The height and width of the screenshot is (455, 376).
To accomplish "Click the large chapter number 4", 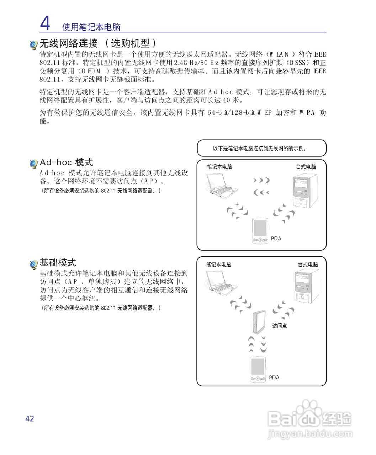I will (45, 23).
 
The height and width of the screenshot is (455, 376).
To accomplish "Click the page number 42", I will (30, 418).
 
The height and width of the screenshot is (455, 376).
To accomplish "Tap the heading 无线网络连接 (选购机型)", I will (98, 43).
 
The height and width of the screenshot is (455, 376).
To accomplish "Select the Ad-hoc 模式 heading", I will (66, 162).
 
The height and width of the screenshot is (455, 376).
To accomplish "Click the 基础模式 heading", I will (58, 263).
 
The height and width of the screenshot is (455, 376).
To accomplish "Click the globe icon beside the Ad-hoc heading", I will (33, 164).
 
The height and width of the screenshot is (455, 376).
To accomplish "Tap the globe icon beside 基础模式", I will (33, 264).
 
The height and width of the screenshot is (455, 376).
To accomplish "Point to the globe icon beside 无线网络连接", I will (33, 45).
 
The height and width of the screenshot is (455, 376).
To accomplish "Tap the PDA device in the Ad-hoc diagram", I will (260, 231).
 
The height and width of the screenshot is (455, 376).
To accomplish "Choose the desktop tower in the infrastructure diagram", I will (307, 286).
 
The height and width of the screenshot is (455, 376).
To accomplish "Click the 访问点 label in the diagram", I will (279, 326).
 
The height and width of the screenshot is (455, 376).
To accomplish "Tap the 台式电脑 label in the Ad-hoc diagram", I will (306, 167).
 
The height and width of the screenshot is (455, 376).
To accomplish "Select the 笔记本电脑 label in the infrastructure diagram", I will (219, 264).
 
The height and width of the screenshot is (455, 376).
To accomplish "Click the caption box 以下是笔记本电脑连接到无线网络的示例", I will (261, 148).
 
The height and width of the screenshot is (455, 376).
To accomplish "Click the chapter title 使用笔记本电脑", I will (91, 27).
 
